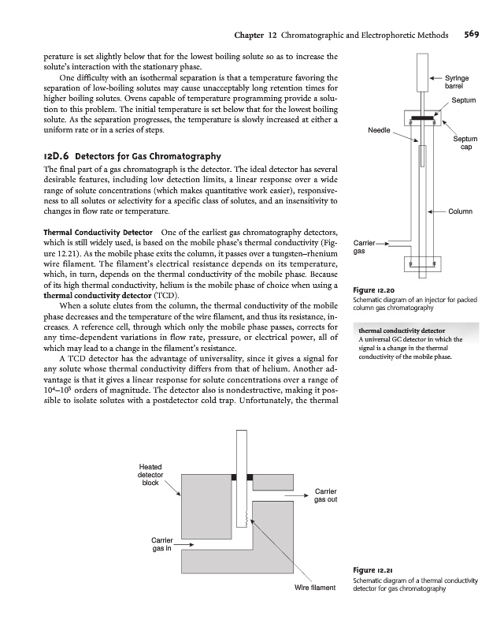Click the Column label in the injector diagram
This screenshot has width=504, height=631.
pyautogui.click(x=461, y=211)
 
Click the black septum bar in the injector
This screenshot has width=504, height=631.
pyautogui.click(x=423, y=118)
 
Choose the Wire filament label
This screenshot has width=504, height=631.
pyautogui.click(x=314, y=588)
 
